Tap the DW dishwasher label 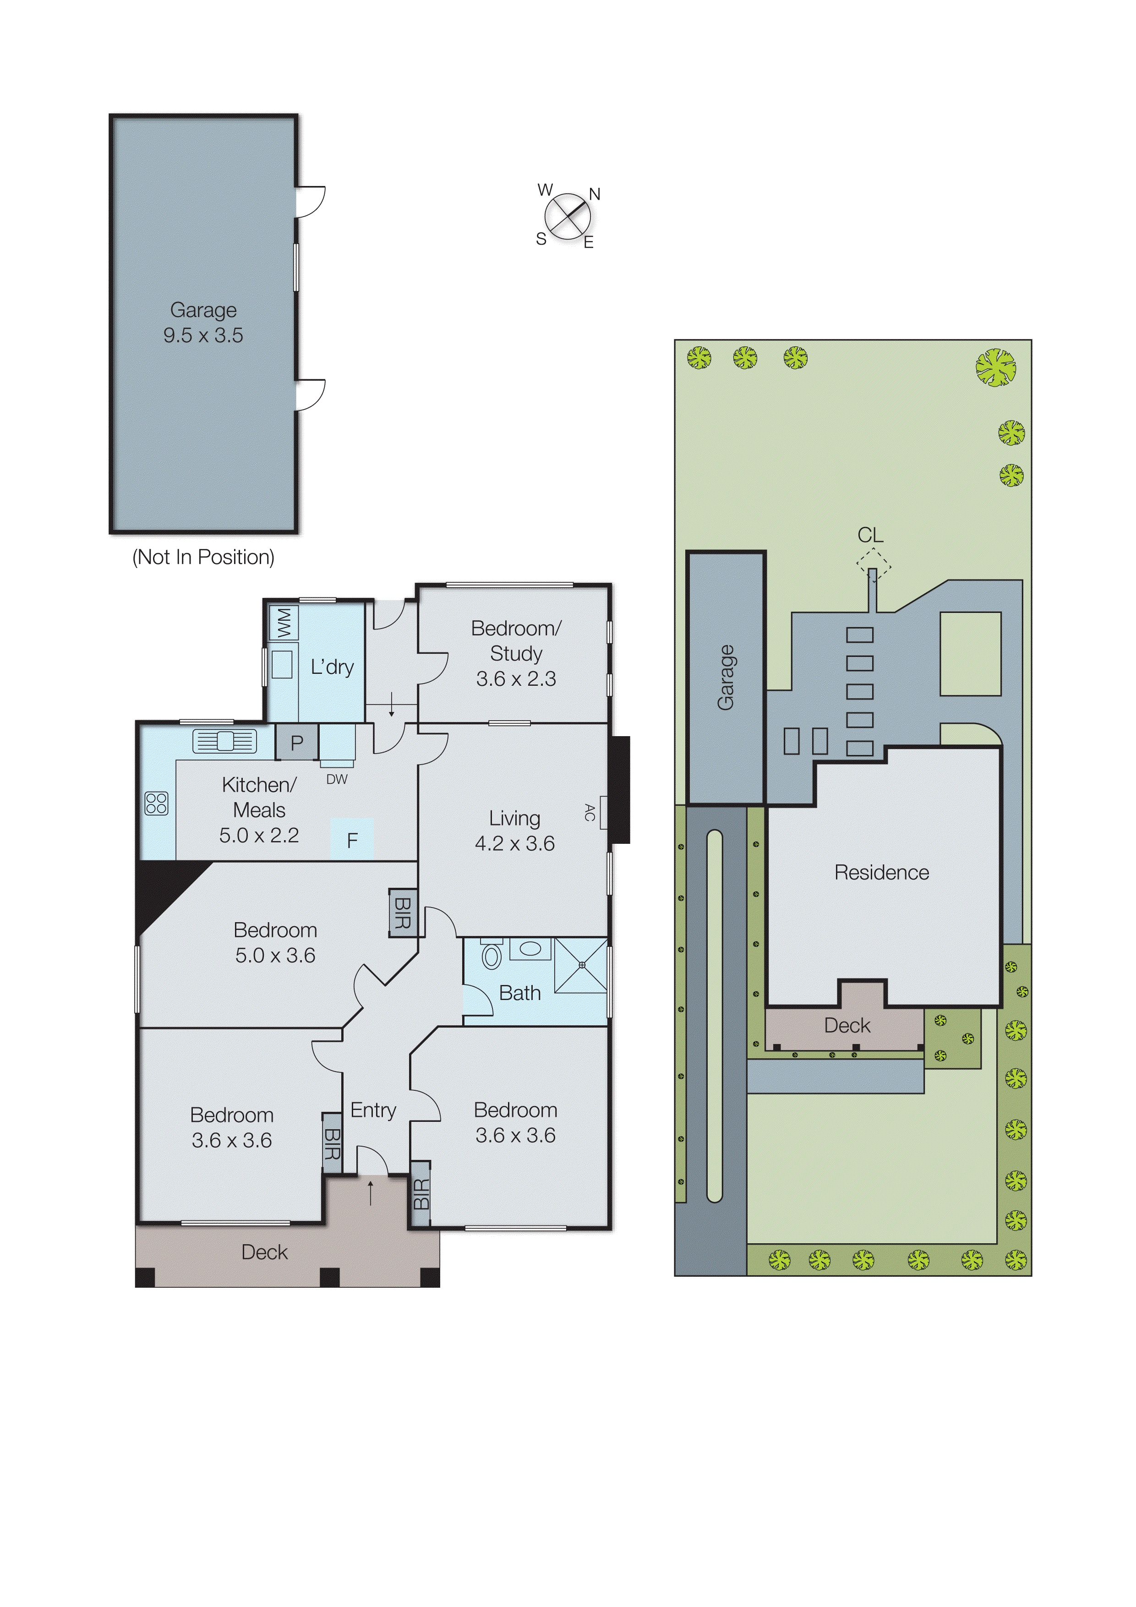coord(337,779)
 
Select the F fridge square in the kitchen coord(352,839)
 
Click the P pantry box coord(297,743)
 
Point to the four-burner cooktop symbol coord(156,803)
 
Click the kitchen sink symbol coord(224,740)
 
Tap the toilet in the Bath coord(492,955)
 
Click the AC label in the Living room coord(590,813)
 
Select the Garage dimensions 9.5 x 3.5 coord(204,335)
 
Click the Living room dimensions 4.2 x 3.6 coord(515,843)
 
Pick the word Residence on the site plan coord(882,872)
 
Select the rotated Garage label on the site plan coord(726,678)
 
